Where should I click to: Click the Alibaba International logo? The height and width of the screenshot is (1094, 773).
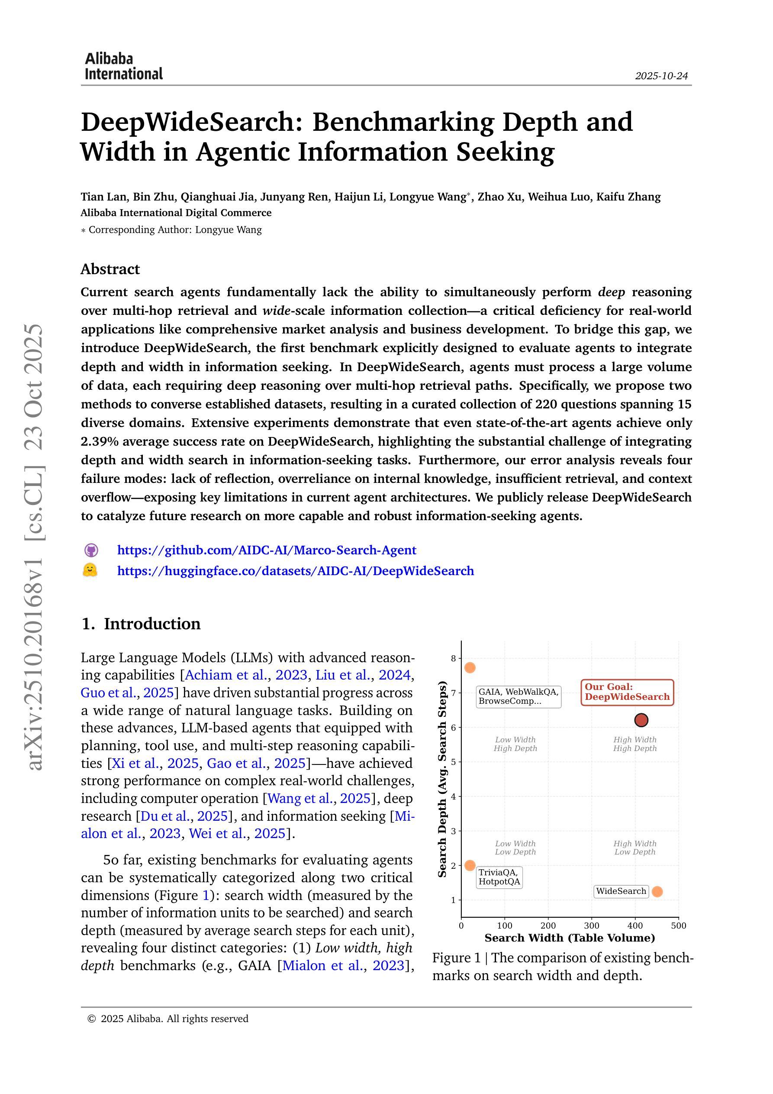[x=123, y=66]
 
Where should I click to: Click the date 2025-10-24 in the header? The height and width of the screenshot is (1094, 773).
[x=661, y=76]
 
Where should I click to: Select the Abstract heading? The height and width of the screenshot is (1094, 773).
[x=110, y=269]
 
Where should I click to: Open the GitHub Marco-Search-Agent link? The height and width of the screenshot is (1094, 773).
[x=266, y=550]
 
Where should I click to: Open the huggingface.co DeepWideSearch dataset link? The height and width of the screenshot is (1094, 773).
[x=295, y=571]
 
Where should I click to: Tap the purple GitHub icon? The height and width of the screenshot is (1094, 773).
[x=91, y=550]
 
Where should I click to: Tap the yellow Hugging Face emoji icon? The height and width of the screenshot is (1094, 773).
[x=90, y=570]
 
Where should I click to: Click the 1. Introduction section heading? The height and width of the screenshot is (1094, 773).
[x=141, y=624]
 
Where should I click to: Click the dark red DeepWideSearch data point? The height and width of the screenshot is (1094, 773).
[x=641, y=720]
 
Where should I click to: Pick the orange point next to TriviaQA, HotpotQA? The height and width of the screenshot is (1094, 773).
[x=470, y=865]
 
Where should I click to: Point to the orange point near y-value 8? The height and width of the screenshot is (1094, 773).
[x=470, y=667]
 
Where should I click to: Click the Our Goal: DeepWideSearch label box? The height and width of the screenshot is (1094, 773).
[x=627, y=693]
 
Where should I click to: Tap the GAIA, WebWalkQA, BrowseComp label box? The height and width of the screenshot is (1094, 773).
[x=518, y=696]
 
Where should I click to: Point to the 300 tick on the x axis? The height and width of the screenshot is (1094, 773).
[x=592, y=926]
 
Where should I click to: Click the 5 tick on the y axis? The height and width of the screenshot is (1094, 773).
[x=454, y=762]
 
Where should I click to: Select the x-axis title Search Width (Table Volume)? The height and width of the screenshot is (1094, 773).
[x=570, y=938]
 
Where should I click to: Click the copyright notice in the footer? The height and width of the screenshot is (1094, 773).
[x=168, y=1019]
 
